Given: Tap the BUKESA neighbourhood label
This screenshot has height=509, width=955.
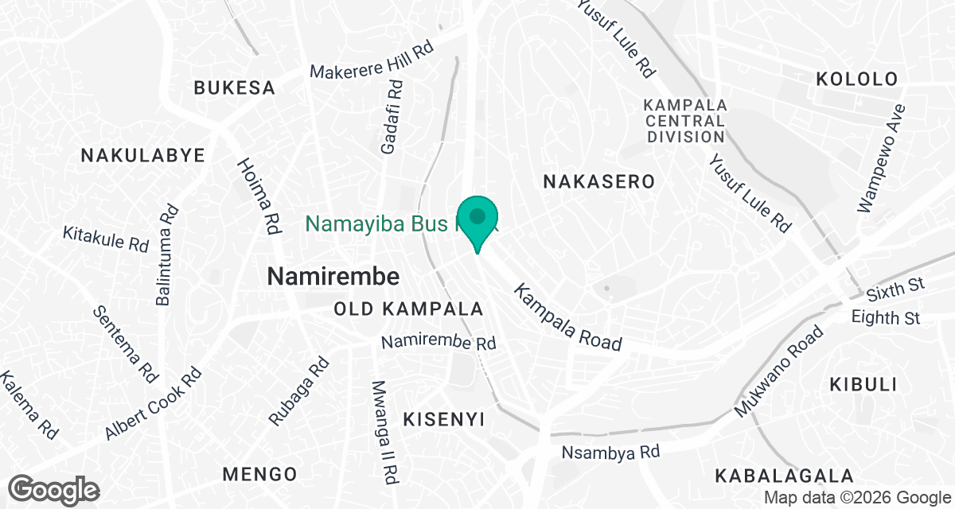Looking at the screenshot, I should click(235, 87).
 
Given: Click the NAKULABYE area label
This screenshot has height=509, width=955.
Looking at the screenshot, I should click(143, 155).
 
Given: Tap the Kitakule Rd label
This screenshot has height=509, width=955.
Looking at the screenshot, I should click(106, 239).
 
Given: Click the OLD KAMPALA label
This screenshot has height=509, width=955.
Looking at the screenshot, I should click(409, 309).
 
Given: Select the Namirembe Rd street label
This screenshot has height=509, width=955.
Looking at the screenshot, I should click(439, 343).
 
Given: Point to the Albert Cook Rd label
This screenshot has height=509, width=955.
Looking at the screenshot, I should click(153, 403).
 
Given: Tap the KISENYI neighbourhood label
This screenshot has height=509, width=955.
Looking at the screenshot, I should click(443, 419).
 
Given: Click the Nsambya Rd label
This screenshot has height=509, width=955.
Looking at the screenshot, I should click(611, 453).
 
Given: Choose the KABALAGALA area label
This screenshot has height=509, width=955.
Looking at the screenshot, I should click(785, 476).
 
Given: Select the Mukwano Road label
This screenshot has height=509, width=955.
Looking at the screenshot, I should click(778, 372).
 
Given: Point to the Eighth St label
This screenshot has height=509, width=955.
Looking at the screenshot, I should click(886, 318).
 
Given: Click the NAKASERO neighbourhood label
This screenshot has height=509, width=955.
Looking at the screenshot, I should click(598, 181).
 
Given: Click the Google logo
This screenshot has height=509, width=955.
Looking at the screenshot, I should click(54, 489).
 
